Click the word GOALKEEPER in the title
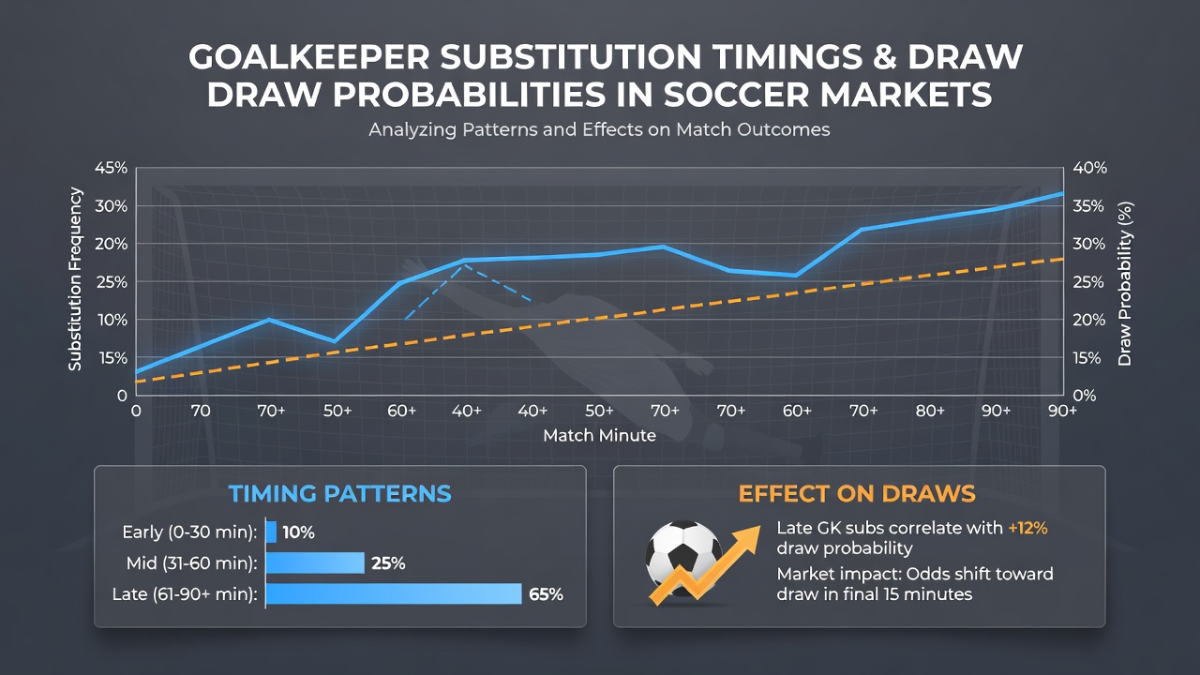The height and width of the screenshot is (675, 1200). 309,57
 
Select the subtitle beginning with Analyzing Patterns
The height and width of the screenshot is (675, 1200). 599,129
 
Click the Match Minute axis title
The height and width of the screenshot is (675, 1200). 599,436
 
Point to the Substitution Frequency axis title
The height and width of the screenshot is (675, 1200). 75,279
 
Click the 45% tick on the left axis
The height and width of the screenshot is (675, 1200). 111,168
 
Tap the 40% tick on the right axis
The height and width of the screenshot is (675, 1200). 1089,168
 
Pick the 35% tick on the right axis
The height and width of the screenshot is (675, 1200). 1088,206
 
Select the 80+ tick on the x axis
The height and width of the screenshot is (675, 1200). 930,411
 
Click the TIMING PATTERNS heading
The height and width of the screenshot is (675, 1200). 340,494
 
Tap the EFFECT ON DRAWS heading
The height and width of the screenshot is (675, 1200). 857,494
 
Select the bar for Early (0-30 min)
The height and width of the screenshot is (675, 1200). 271,532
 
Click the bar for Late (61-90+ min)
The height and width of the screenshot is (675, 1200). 394,593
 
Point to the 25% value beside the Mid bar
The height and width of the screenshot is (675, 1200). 388,563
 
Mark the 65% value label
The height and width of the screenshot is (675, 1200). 546,594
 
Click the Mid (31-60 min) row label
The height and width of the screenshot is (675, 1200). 192,563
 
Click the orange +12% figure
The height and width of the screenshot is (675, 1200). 1028,528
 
